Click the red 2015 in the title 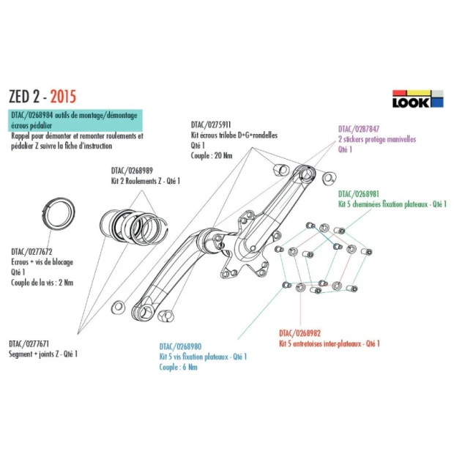61,96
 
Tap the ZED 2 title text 26,96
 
